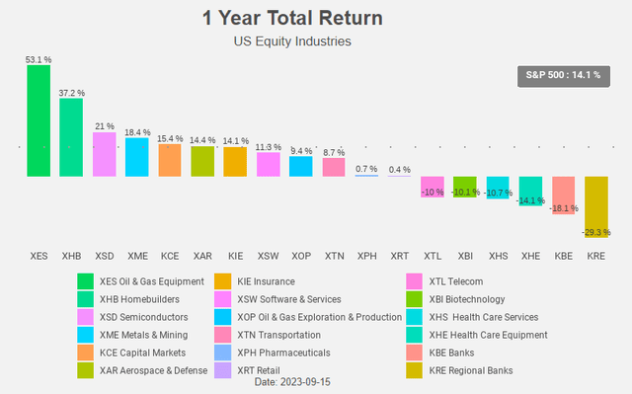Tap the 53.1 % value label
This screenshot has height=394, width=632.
point(39,60)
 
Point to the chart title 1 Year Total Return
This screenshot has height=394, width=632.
point(292,19)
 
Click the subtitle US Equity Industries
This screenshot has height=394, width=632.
point(292,41)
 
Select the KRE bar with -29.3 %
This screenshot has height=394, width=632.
point(595,206)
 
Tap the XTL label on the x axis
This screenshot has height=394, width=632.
point(433,256)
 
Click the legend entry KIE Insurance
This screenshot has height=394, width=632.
point(260,281)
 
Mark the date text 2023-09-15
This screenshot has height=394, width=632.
point(291,381)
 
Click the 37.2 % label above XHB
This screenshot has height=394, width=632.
point(71,92)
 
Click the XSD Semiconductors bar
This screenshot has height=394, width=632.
point(104,154)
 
